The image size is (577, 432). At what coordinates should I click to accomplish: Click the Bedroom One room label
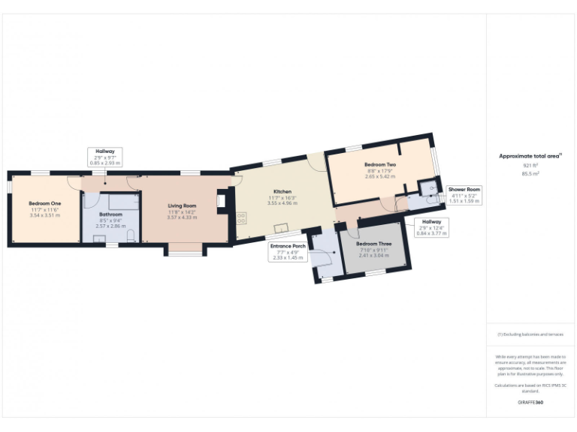pyautogui.click(x=44, y=203)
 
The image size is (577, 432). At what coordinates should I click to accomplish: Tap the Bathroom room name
pyautogui.click(x=110, y=214)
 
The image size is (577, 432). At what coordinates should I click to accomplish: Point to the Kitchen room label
pyautogui.click(x=282, y=191)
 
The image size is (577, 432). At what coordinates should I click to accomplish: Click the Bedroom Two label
pyautogui.click(x=379, y=164)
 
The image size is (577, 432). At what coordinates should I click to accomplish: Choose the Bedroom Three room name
pyautogui.click(x=373, y=244)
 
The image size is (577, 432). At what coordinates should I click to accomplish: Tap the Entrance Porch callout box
pyautogui.click(x=287, y=251)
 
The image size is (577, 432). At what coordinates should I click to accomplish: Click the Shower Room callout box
pyautogui.click(x=464, y=195)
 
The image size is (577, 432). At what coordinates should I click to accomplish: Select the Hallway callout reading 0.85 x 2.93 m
pyautogui.click(x=104, y=156)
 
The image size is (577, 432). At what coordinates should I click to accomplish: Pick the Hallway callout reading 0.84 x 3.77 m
pyautogui.click(x=431, y=227)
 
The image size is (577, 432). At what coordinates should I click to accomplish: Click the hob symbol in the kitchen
pyautogui.click(x=242, y=219)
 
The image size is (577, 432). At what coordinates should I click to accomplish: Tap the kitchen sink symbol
pyautogui.click(x=282, y=228)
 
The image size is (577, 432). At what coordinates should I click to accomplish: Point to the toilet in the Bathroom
pyautogui.click(x=131, y=236)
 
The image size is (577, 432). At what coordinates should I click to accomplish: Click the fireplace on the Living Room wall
pyautogui.click(x=221, y=200)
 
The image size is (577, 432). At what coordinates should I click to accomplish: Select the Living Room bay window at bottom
pyautogui.click(x=183, y=249)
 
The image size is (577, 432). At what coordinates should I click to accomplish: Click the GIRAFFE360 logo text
pyautogui.click(x=530, y=403)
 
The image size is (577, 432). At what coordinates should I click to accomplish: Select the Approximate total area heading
pyautogui.click(x=530, y=156)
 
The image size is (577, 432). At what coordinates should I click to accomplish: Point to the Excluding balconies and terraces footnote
pyautogui.click(x=530, y=334)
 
